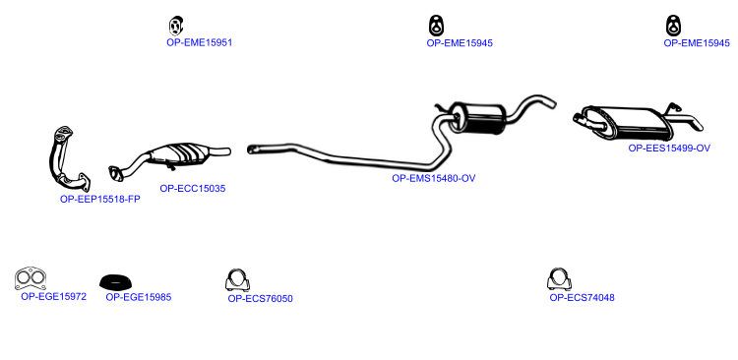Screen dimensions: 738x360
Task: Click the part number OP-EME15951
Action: click(x=199, y=42)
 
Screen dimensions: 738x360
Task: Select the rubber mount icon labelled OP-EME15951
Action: click(x=175, y=26)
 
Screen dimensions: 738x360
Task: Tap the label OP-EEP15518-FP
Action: click(x=100, y=199)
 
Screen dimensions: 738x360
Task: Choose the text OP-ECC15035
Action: click(x=193, y=188)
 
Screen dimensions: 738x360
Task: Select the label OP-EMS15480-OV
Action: click(x=434, y=178)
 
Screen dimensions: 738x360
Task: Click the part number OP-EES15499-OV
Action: click(x=669, y=148)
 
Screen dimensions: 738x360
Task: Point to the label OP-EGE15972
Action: click(x=54, y=296)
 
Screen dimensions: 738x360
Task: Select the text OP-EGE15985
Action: click(x=139, y=297)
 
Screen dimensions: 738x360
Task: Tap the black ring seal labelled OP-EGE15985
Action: click(x=115, y=281)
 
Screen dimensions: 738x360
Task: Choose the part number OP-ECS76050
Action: click(x=261, y=298)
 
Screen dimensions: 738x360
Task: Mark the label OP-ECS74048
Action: click(x=582, y=297)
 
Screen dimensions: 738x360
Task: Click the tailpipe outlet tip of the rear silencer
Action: click(x=701, y=128)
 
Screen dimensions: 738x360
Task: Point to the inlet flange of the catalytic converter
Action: click(x=115, y=173)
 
